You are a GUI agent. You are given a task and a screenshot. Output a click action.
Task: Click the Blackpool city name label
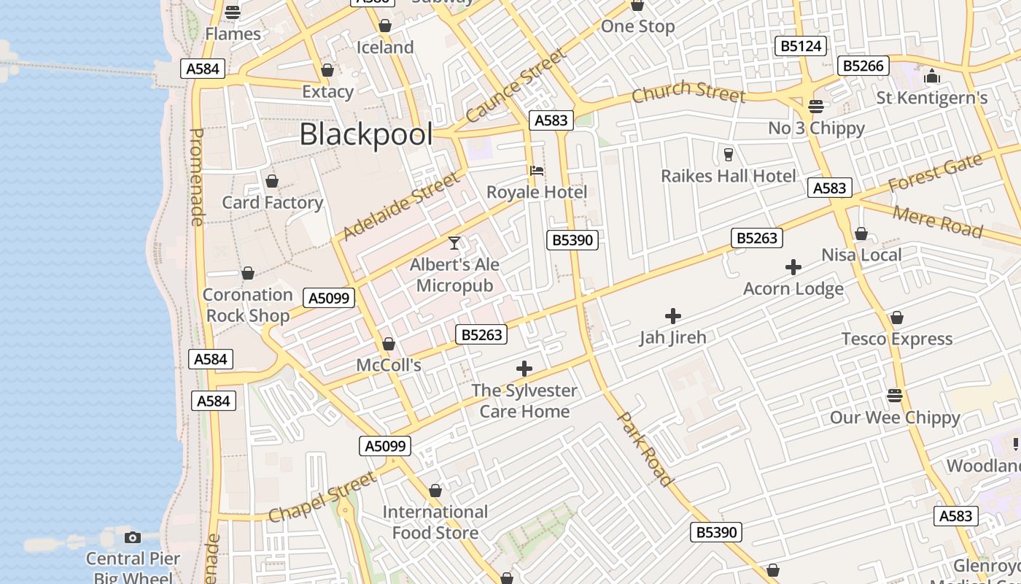[x=366, y=134]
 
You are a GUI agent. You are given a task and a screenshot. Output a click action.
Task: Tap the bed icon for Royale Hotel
[x=537, y=171]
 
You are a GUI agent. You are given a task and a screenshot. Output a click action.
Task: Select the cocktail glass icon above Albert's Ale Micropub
[x=454, y=242]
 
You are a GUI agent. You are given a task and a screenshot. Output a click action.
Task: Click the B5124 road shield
[x=801, y=47]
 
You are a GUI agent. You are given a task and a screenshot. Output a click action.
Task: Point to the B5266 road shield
[x=863, y=66]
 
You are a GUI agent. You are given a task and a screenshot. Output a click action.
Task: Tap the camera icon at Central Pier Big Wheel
[x=132, y=538]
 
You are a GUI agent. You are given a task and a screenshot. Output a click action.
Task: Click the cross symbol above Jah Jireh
[x=673, y=316]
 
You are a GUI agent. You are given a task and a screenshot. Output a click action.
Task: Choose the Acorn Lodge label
[x=793, y=288]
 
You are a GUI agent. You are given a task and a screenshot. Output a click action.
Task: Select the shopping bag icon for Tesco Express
[x=896, y=318]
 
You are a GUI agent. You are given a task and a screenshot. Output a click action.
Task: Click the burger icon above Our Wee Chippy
[x=895, y=396]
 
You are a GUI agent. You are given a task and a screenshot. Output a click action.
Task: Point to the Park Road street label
[x=645, y=449]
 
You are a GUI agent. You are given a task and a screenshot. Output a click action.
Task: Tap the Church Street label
[x=688, y=92]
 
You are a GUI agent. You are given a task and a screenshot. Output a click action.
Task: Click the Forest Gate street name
[x=935, y=174]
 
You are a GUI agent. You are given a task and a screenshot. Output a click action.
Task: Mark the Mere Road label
[x=937, y=221]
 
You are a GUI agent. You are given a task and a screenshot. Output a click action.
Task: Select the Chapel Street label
[x=322, y=497]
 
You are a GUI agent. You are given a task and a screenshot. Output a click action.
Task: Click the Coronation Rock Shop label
[x=247, y=305]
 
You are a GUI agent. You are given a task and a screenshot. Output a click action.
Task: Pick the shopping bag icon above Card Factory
[x=272, y=181]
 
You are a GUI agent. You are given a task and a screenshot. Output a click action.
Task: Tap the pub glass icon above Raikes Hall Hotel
[x=727, y=155]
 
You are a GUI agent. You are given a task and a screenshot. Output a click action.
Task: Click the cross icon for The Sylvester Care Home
[x=524, y=369]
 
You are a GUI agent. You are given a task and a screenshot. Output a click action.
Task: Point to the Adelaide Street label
[x=401, y=206]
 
